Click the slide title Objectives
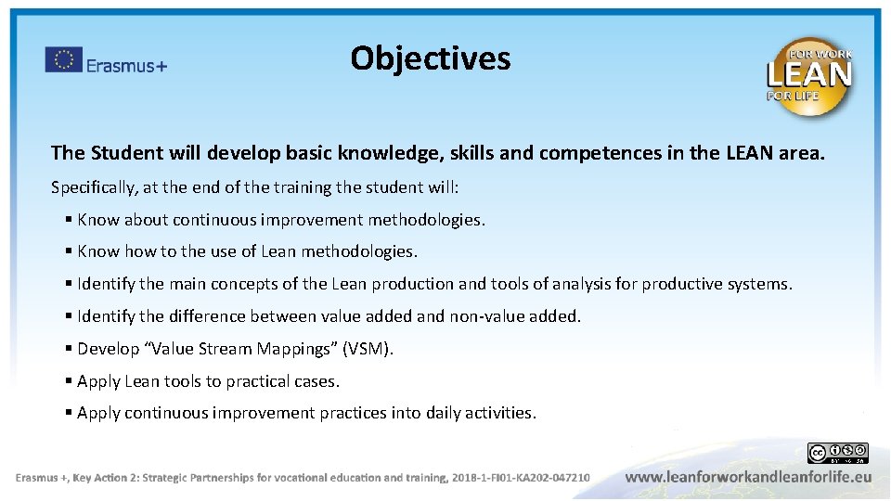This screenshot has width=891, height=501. (x=430, y=58)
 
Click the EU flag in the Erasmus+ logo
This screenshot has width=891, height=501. (x=63, y=60)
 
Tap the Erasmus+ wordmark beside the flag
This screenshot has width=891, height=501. (x=126, y=65)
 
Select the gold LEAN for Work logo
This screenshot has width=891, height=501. (x=808, y=77)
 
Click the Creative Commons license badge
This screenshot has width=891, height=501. (x=837, y=453)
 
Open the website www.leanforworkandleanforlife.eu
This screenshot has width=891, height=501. (x=748, y=477)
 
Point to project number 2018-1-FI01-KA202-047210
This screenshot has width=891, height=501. (x=521, y=478)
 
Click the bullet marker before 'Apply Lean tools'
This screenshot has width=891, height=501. (x=70, y=381)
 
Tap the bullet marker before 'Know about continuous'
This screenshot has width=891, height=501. (x=70, y=220)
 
